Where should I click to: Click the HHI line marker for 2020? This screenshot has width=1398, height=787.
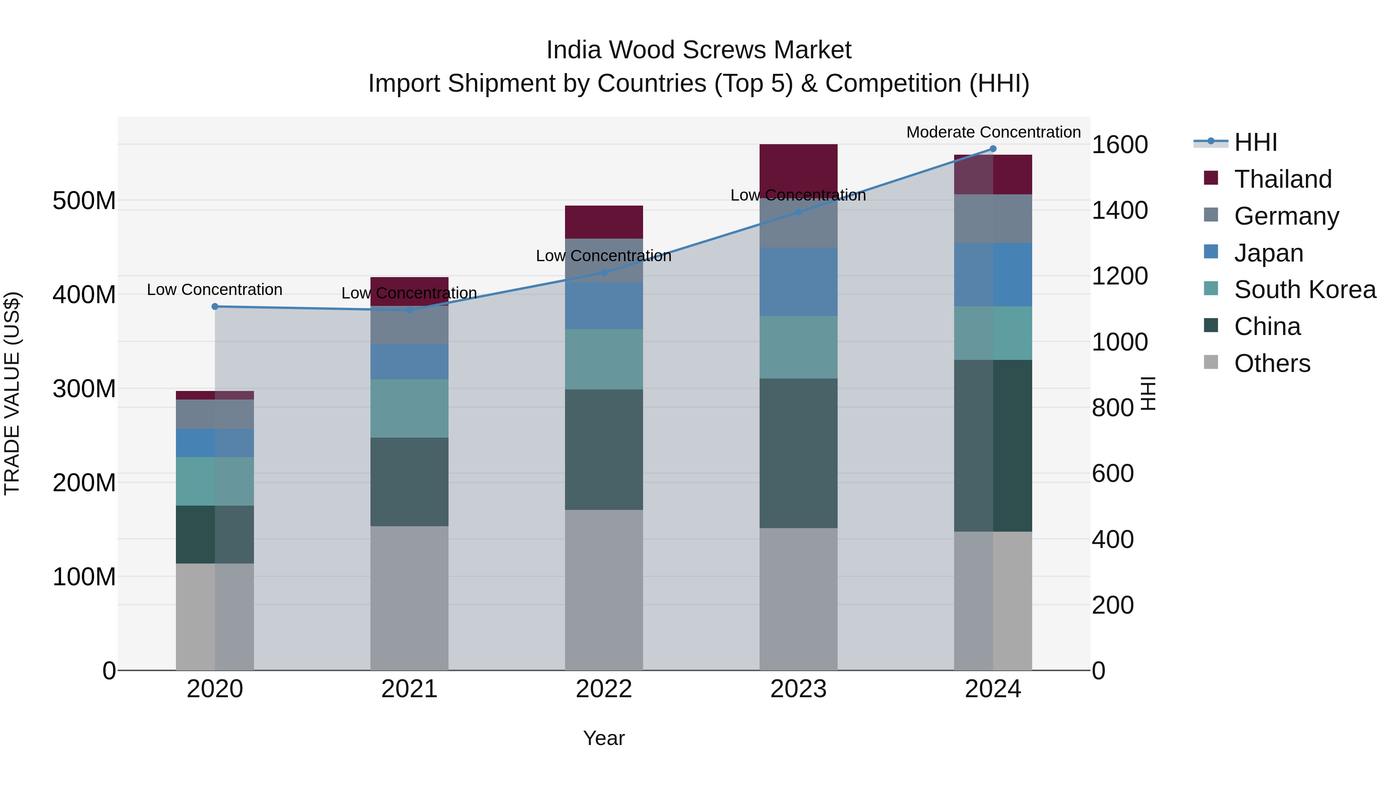(215, 306)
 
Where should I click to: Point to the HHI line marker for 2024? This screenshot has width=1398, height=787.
(993, 148)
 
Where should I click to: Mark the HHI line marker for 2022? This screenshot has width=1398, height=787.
(604, 273)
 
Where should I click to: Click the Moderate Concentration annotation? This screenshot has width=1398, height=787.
(993, 132)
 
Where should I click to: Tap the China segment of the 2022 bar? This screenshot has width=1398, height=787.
(604, 449)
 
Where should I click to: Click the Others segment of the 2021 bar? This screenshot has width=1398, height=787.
(409, 597)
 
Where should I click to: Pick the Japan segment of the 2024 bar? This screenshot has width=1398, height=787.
(993, 274)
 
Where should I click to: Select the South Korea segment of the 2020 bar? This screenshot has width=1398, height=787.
(215, 481)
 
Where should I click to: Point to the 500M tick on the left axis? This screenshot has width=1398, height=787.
(84, 201)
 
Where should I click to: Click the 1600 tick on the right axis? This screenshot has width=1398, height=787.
(1119, 145)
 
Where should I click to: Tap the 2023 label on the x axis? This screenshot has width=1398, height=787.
(798, 689)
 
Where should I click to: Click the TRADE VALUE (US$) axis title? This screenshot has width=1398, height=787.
(12, 393)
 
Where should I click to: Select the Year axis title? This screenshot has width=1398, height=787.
(603, 738)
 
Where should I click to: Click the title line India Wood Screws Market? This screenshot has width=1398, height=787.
(699, 50)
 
